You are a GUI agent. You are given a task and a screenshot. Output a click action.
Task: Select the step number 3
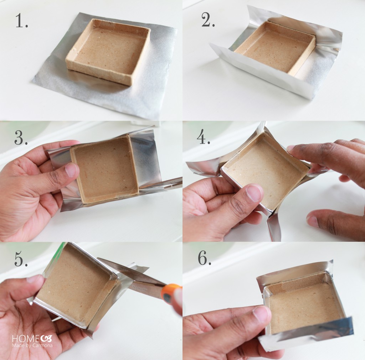(21, 137)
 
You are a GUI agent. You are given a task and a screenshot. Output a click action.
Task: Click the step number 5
(21, 259)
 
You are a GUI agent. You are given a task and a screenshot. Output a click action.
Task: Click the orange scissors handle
(172, 293)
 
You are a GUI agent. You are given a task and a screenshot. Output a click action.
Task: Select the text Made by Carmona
(32, 345)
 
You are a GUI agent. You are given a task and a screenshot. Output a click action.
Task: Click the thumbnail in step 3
(71, 170)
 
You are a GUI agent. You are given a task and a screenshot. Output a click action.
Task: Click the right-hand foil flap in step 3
(145, 161)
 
